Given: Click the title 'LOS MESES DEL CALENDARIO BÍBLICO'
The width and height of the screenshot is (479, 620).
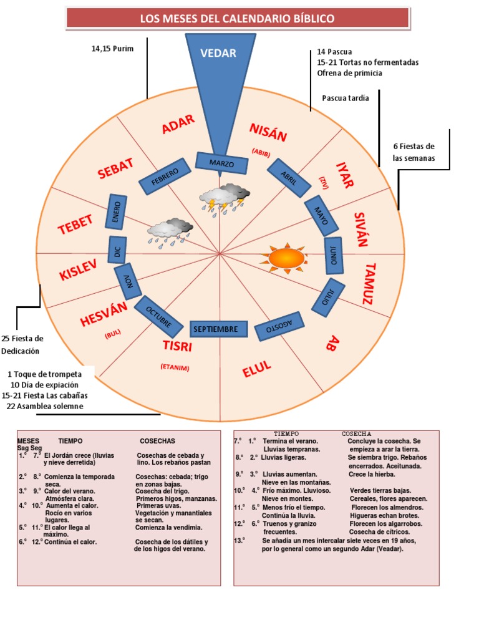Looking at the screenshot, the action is pyautogui.click(x=238, y=19).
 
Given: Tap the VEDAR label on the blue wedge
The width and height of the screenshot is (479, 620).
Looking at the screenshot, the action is pyautogui.click(x=218, y=53).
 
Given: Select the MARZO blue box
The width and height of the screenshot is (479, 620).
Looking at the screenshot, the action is pyautogui.click(x=221, y=163).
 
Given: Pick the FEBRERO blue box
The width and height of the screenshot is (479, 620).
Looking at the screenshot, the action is pyautogui.click(x=165, y=177).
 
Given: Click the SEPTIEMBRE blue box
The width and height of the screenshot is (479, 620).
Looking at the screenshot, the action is pyautogui.click(x=219, y=329).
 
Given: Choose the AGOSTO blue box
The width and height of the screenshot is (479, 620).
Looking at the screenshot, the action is pyautogui.click(x=279, y=326).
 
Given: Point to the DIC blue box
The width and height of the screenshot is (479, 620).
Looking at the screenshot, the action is pyautogui.click(x=117, y=250).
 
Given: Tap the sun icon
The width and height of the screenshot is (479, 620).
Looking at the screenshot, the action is pyautogui.click(x=286, y=258).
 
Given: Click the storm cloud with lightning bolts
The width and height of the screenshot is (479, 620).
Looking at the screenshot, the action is pyautogui.click(x=225, y=199).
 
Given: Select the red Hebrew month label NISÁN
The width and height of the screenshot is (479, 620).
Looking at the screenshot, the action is pyautogui.click(x=268, y=132).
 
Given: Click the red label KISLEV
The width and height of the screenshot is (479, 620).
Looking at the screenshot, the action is pyautogui.click(x=78, y=269).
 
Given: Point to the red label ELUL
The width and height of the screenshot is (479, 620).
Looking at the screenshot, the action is pyautogui.click(x=257, y=369).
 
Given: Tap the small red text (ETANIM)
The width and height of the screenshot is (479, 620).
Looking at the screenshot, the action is pyautogui.click(x=175, y=367).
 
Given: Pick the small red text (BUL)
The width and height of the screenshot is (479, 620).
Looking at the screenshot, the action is pyautogui.click(x=113, y=334).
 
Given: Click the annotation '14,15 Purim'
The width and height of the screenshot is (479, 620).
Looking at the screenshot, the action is pyautogui.click(x=112, y=49).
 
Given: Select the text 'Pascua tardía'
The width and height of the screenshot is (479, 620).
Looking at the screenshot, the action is pyautogui.click(x=346, y=98).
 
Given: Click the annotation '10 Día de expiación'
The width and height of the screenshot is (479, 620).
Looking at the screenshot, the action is pyautogui.click(x=44, y=385).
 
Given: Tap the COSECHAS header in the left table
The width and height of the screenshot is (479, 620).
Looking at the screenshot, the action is pyautogui.click(x=157, y=441).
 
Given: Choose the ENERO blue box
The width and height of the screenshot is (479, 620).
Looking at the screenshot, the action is pyautogui.click(x=116, y=212).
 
